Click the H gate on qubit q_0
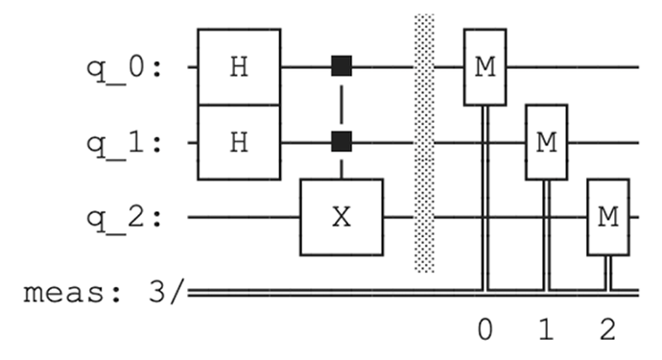pos(239,67)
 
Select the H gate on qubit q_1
pos(239,142)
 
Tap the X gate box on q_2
pos(342,217)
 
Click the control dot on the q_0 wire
pos(342,66)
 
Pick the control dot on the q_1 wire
pos(342,141)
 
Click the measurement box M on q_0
pos(485,67)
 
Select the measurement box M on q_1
pos(547,142)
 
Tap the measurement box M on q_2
pos(608,217)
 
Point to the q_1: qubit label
pos(124,145)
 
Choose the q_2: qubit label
pos(124,219)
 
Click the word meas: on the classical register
pos(73,293)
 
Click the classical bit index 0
pos(485,329)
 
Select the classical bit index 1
pos(546,329)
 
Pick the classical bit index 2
pos(608,329)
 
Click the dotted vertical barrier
pos(424,143)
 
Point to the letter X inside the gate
pos(342,217)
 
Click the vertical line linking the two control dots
pos(342,104)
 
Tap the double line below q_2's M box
pos(608,273)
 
